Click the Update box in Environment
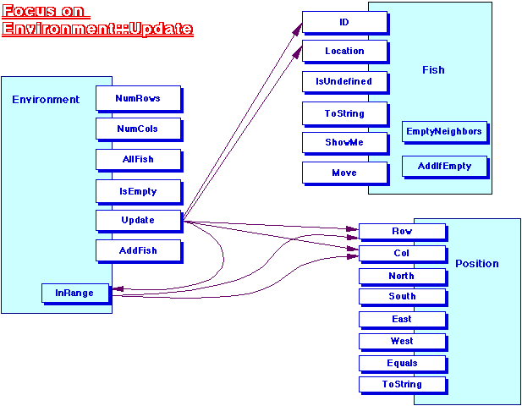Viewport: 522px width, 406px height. [x=138, y=220]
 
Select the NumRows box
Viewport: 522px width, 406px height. [x=138, y=97]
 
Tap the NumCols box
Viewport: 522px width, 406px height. [x=138, y=128]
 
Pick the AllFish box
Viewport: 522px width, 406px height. [x=138, y=158]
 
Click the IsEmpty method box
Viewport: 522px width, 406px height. [x=138, y=191]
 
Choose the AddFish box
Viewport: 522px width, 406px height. [x=138, y=250]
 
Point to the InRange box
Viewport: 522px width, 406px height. [x=74, y=293]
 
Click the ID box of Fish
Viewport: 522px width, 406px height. [x=344, y=21]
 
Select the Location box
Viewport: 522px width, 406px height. [x=344, y=51]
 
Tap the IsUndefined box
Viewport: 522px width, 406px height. [x=344, y=81]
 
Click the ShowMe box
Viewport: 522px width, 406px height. [x=344, y=142]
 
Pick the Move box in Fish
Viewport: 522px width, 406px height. [x=344, y=173]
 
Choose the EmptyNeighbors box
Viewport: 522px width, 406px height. [x=444, y=131]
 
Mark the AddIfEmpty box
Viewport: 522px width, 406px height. [x=444, y=165]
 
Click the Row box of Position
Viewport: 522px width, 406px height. [x=402, y=231]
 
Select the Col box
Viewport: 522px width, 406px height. [x=402, y=253]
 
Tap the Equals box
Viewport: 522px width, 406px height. [x=402, y=363]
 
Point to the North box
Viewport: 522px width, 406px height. [x=402, y=276]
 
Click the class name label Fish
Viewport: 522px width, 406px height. [x=433, y=70]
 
